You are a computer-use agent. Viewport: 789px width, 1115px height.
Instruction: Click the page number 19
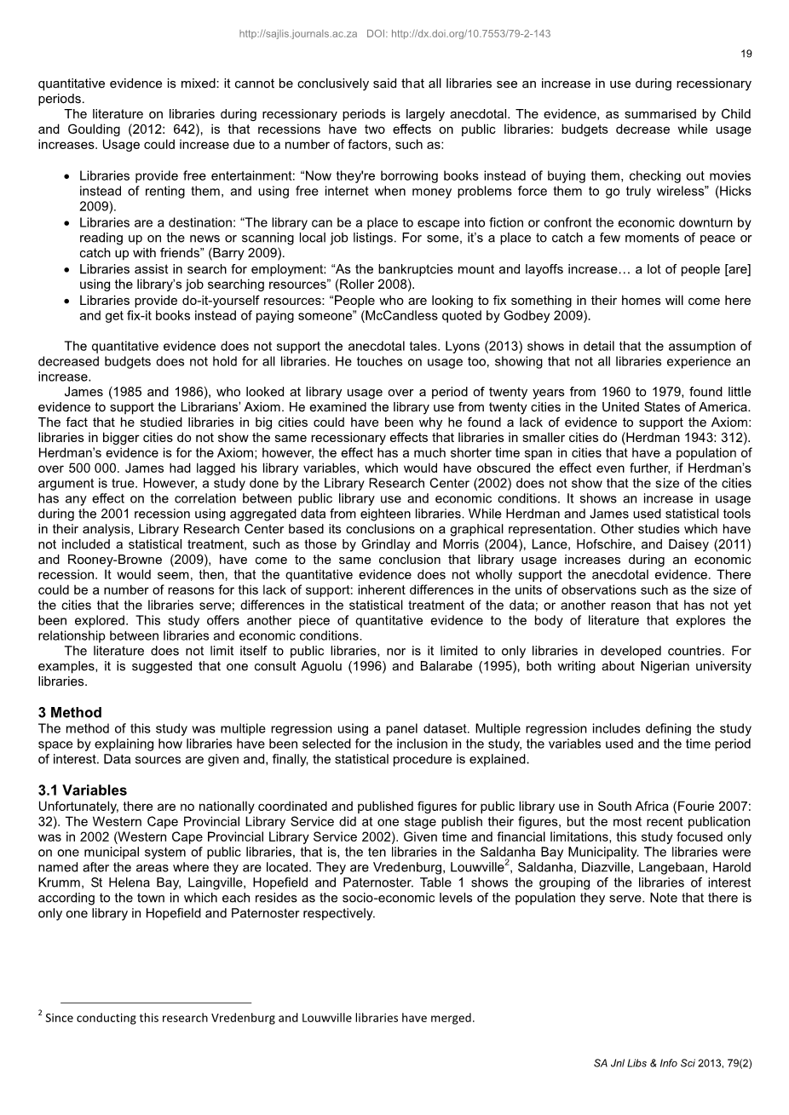746,55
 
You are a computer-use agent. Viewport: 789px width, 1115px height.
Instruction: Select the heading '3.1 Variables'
83,790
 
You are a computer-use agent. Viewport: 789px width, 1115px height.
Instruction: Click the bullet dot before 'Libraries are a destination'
67,223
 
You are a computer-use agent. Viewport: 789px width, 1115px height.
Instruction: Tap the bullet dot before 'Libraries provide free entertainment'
67,176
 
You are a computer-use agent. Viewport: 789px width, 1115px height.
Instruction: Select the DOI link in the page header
458,34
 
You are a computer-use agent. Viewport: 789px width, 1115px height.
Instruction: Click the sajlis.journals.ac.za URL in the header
298,34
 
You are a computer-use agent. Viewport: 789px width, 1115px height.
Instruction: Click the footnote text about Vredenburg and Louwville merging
259,1017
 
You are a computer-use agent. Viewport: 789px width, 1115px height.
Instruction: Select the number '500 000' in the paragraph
88,468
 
